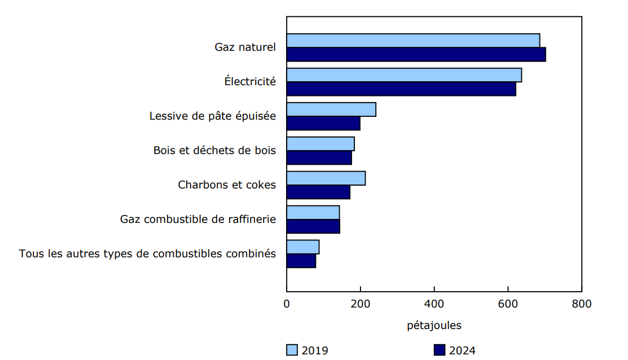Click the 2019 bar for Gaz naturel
point(413,41)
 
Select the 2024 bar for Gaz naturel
point(416,55)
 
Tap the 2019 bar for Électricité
point(404,75)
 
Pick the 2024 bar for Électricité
point(401,89)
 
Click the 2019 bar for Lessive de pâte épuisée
point(331,109)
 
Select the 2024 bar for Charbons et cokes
point(318,192)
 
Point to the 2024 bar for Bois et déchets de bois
point(319,158)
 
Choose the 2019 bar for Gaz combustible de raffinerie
point(313,213)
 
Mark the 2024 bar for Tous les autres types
point(301,261)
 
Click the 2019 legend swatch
point(292,350)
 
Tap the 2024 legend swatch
point(440,350)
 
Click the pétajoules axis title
point(434,326)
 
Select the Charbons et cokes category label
point(227,185)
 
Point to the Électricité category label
point(250,81)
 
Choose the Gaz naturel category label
point(245,47)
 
